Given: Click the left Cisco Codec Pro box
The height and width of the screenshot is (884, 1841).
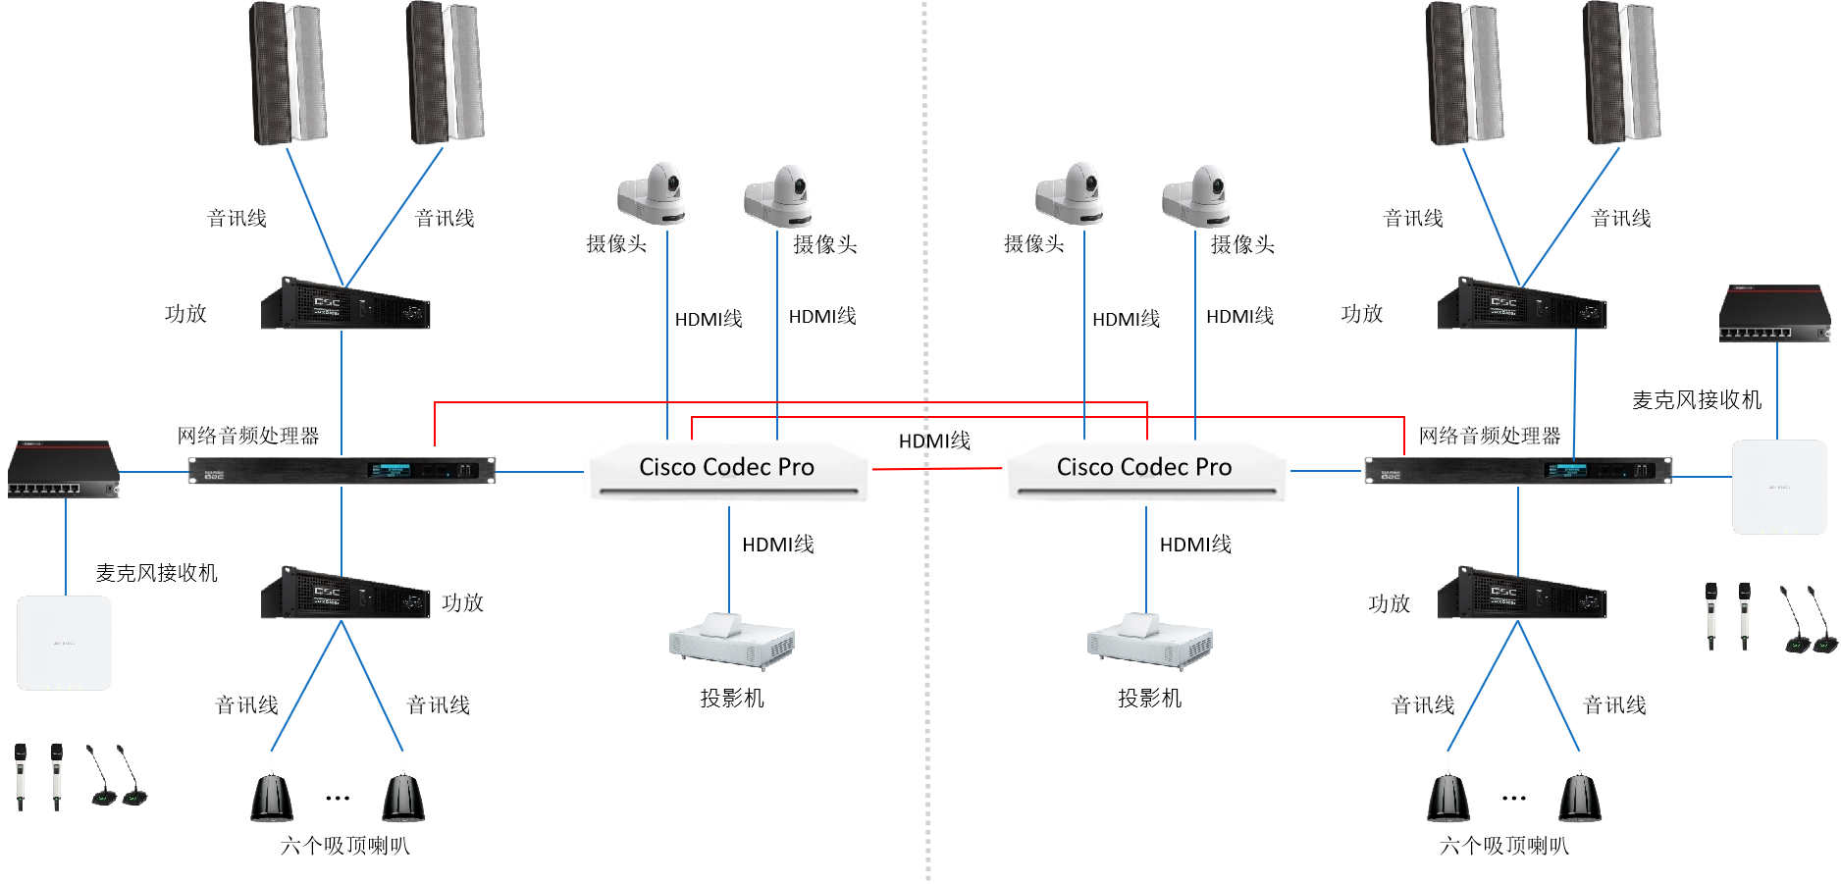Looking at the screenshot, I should [x=727, y=470].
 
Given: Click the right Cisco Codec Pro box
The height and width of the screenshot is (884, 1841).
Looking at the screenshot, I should [x=1145, y=470].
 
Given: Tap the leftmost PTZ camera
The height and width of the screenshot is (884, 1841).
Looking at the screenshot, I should [x=653, y=193].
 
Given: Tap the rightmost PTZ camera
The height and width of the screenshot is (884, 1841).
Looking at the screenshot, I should [x=1197, y=195].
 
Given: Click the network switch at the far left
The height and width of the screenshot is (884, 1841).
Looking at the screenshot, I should [x=64, y=470].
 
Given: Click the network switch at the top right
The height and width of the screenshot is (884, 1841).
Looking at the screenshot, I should [x=1774, y=314].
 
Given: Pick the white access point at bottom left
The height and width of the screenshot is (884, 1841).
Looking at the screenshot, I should [x=64, y=643].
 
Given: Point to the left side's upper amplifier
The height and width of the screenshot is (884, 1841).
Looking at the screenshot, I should [x=345, y=304].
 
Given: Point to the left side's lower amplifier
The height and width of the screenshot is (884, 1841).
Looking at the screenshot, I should [x=345, y=593].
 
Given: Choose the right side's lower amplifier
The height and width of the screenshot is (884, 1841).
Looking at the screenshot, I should [x=1521, y=593].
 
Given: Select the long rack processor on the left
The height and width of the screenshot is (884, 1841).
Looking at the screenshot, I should [x=342, y=470].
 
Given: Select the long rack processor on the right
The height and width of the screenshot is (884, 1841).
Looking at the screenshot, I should [x=1518, y=470].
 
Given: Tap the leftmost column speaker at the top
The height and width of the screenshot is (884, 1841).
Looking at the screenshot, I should [x=288, y=74].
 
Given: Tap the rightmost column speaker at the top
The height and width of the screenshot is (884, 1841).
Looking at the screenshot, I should [x=1621, y=74].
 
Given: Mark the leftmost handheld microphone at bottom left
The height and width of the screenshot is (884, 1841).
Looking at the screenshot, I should [x=21, y=775].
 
